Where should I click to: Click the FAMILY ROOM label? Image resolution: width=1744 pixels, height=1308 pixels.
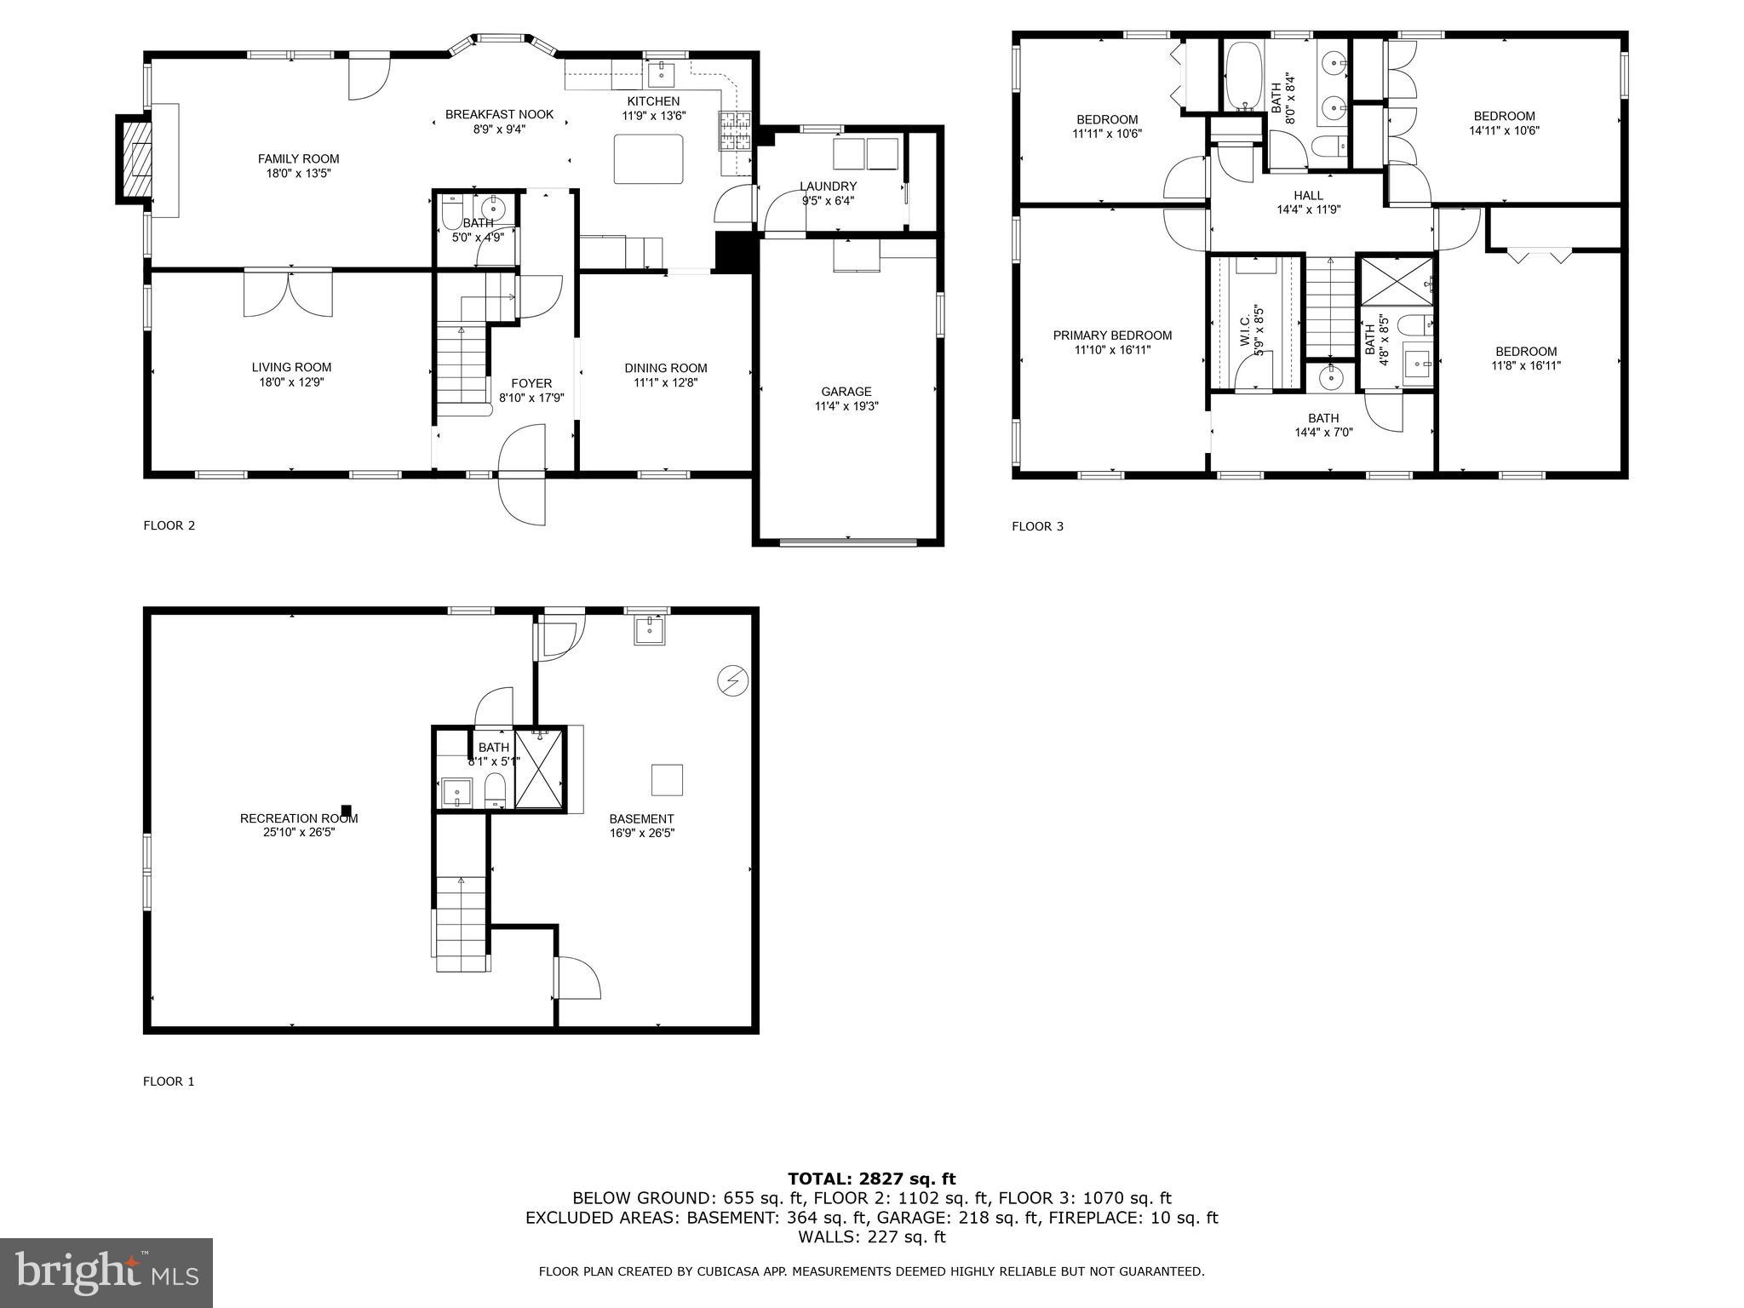click(x=298, y=159)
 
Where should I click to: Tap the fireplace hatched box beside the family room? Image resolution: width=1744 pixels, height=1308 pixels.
click(x=134, y=159)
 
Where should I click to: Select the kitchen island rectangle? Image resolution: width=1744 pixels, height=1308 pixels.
click(x=649, y=159)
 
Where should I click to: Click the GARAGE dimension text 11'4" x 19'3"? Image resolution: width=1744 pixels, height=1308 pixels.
click(x=846, y=406)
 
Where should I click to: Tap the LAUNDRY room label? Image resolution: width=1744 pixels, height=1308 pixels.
click(x=828, y=186)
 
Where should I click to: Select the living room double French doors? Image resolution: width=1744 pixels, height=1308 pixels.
click(x=288, y=294)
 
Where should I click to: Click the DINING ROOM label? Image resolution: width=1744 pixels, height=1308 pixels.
click(x=665, y=368)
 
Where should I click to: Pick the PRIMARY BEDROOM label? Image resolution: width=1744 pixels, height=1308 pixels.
click(x=1112, y=336)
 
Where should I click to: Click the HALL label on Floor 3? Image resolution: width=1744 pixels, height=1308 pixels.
click(x=1308, y=196)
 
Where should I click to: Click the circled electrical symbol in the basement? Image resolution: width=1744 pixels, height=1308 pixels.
click(x=732, y=680)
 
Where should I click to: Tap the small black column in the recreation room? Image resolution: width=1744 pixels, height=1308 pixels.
click(x=346, y=810)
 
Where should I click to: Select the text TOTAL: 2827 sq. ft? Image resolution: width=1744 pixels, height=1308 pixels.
click(x=871, y=1179)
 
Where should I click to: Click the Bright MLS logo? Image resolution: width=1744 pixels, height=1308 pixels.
click(x=106, y=1272)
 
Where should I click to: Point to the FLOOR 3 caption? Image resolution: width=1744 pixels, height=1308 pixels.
click(x=1037, y=526)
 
